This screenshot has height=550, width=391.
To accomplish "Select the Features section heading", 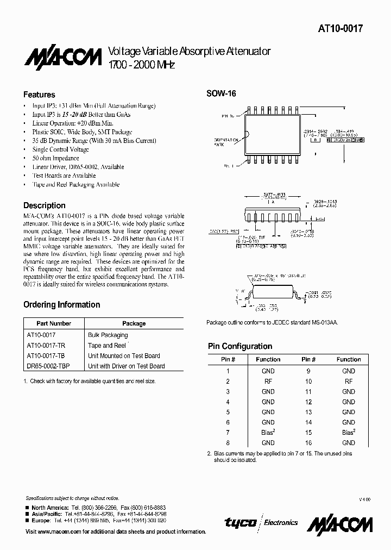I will coord(39,95).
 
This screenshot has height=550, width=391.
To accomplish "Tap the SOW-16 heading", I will coord(221,93).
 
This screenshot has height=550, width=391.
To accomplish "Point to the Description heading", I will coord(44,206).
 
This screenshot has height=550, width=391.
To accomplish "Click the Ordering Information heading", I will coord(61,304).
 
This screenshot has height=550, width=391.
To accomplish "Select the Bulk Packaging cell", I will coord(108,335).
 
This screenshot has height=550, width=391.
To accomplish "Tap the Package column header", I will coord(134,323).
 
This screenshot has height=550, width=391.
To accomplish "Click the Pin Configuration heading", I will coord(240,346).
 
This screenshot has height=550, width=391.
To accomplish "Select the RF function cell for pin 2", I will coord(268,381).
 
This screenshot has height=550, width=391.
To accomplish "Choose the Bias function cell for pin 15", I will coord(349,433).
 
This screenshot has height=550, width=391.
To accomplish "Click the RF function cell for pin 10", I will coord(349,381).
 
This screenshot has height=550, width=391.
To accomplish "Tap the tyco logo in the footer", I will coord(241,522).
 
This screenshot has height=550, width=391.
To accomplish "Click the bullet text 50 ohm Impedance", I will coord(56,158).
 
